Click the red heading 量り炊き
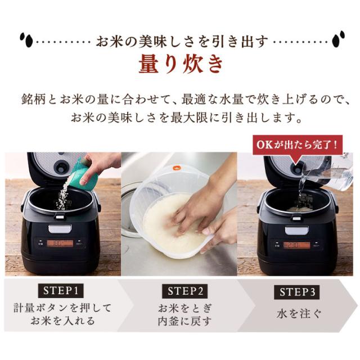point(181,64)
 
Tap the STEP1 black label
point(61,291)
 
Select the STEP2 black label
point(185,291)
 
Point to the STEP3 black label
point(297,292)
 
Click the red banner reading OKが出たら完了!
point(298,145)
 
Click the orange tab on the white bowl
point(177,168)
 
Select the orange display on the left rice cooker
point(60,243)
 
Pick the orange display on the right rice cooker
point(296,245)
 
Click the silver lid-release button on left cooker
point(60,229)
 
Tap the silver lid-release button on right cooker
point(296,230)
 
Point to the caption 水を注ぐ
point(299,314)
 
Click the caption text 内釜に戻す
point(184,321)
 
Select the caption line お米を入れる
point(62,321)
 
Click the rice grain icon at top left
point(26,40)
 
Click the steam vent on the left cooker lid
point(60,167)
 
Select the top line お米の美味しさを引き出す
point(182,42)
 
